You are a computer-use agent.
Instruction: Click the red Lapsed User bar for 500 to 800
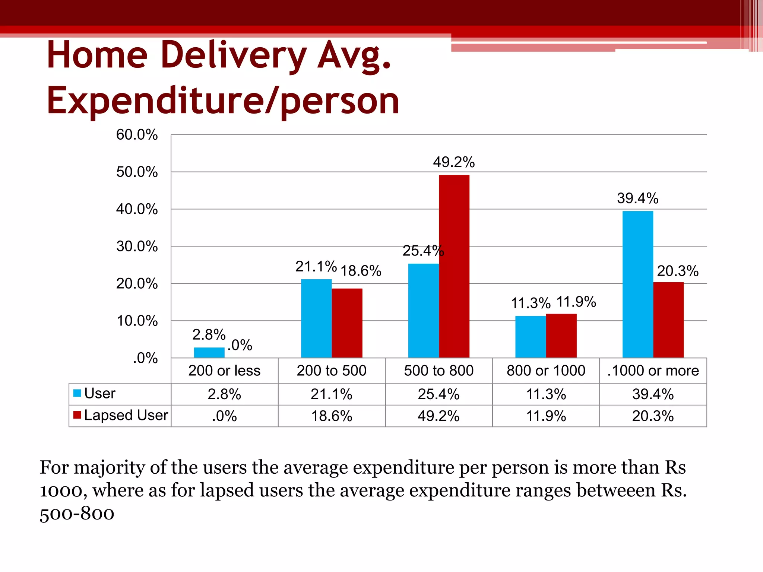454,266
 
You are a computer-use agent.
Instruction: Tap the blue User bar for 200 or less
209,352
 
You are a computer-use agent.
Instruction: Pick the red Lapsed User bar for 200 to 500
347,323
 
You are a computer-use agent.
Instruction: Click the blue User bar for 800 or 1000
531,337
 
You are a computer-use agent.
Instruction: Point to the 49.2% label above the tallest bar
454,162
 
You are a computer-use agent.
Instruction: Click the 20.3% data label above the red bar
677,271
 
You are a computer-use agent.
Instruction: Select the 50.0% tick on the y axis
137,172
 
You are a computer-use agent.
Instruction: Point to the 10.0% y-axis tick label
137,321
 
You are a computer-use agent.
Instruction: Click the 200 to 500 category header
332,371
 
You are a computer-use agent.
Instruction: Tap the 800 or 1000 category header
546,371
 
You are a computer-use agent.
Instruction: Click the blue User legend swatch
77,393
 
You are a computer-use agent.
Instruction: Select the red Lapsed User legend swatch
77,415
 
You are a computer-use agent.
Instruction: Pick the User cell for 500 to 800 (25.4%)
439,394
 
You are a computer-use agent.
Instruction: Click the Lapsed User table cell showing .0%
224,416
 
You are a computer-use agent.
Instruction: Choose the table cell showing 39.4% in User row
653,394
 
